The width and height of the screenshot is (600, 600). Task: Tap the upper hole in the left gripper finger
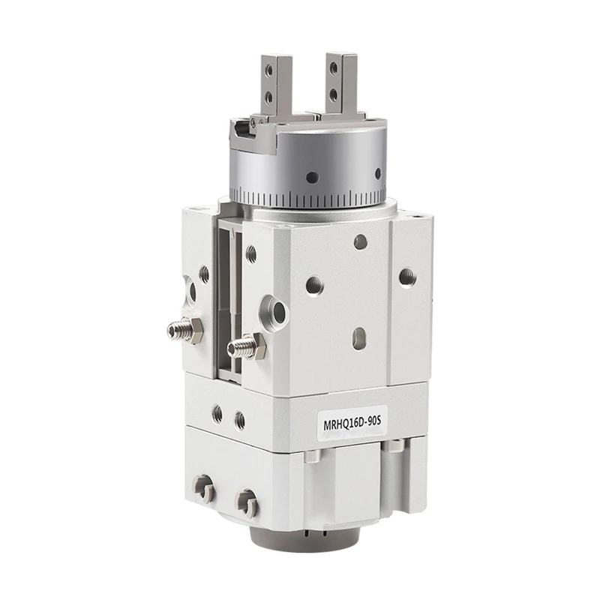[x=270, y=70]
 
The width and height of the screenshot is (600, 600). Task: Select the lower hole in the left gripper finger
[x=269, y=97]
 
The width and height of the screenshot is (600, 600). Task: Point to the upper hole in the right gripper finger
[x=334, y=68]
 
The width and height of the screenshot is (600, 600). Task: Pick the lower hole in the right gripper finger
[x=333, y=93]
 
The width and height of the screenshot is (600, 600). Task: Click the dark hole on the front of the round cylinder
[x=312, y=177]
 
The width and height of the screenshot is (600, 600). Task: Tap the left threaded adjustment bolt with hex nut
[x=184, y=330]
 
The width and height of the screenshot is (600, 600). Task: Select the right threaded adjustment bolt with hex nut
[x=246, y=347]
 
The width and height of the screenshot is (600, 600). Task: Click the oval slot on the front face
[x=360, y=337]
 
